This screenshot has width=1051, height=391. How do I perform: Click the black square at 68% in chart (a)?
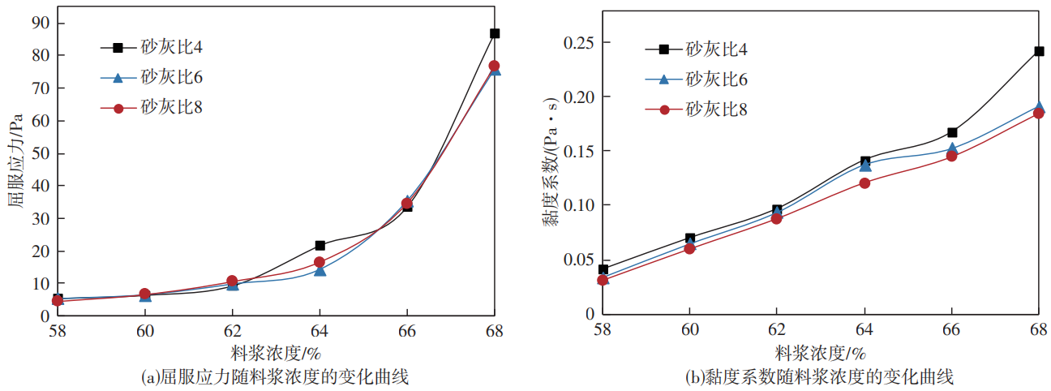(494, 33)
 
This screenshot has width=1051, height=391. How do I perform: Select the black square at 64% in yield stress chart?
(320, 245)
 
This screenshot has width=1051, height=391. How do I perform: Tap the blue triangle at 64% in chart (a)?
(320, 270)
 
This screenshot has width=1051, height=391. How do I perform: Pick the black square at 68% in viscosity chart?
(1038, 51)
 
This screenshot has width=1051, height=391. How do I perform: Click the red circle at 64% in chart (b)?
(864, 183)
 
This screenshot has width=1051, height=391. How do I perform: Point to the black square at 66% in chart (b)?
(952, 132)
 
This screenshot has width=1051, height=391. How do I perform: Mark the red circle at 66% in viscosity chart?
(951, 156)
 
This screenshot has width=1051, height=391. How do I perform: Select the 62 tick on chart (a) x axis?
(232, 331)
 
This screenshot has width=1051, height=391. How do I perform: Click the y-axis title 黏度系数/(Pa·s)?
(551, 162)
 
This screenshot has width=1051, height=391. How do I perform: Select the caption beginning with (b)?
(819, 377)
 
